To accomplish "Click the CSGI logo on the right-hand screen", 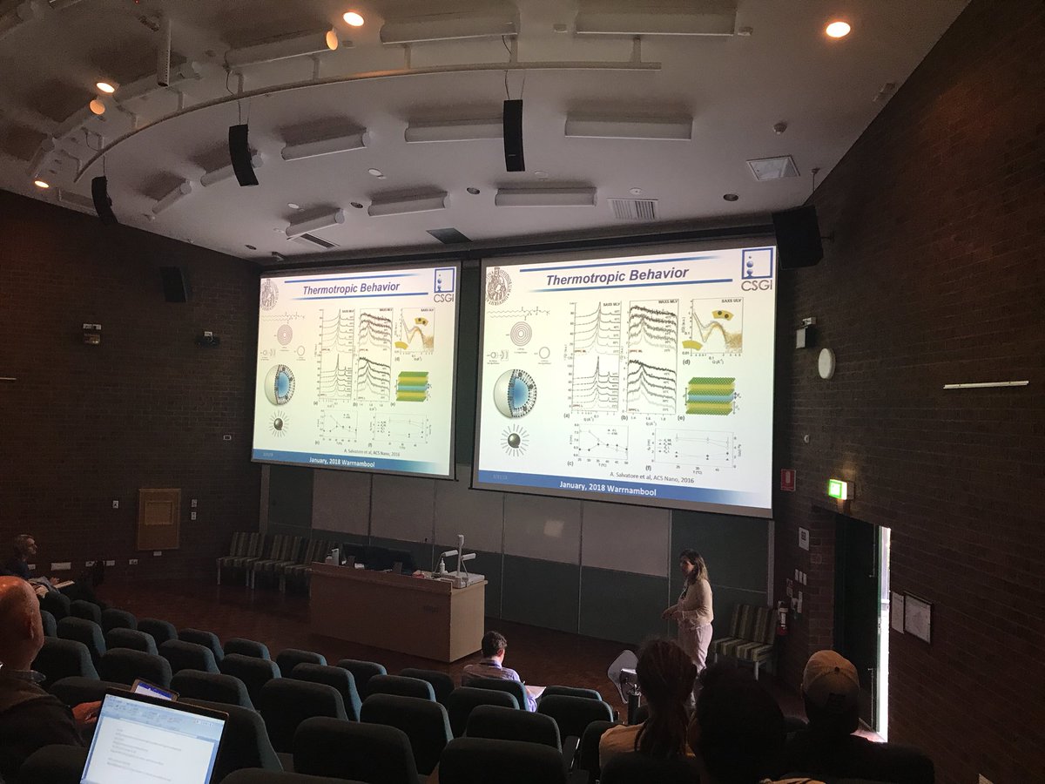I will click(756, 269).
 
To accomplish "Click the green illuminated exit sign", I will click(837, 489).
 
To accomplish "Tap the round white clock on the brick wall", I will click(826, 363).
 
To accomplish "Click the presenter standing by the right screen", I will click(693, 611).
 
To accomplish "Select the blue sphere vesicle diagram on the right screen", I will click(514, 393).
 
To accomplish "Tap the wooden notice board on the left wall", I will click(158, 518).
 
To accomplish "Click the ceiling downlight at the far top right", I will click(837, 29).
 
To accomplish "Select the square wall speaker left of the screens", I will click(174, 284).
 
